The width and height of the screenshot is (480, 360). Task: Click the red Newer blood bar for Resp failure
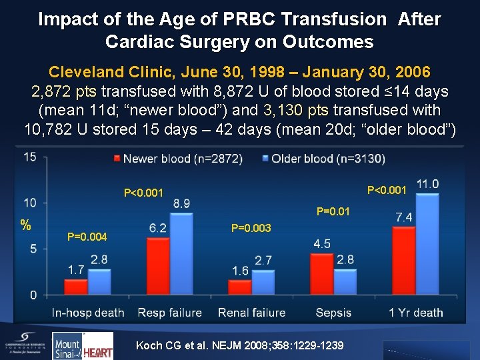pyautogui.click(x=158, y=266)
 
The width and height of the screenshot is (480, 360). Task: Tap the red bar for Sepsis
pyautogui.click(x=321, y=274)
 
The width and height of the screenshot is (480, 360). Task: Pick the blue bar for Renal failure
pyautogui.click(x=263, y=282)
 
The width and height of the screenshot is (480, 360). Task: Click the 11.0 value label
pyautogui.click(x=427, y=184)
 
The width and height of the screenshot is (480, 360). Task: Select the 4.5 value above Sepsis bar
pyautogui.click(x=321, y=243)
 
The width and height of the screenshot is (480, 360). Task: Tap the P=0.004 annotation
pyautogui.click(x=87, y=237)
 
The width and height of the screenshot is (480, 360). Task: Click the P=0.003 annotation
pyautogui.click(x=251, y=228)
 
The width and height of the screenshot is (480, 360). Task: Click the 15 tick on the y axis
pyautogui.click(x=31, y=157)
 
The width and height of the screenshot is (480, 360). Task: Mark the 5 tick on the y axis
pyautogui.click(x=33, y=249)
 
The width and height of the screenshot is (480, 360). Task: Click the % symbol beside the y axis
pyautogui.click(x=25, y=225)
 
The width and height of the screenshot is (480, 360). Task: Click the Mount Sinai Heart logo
pyautogui.click(x=83, y=345)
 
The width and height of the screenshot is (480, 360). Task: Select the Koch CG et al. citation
pyautogui.click(x=239, y=345)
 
